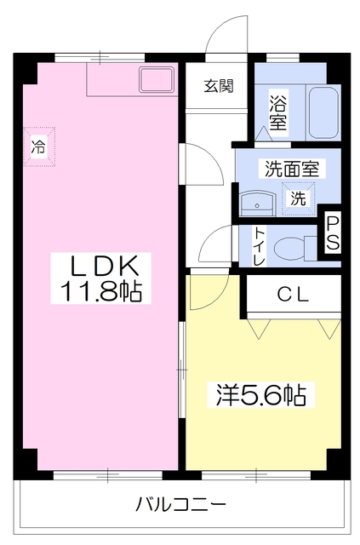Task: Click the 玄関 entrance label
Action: tap(217, 85)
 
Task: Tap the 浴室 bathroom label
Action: tap(277, 112)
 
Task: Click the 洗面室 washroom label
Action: tap(292, 168)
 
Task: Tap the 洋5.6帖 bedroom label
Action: tap(260, 394)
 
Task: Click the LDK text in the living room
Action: tap(98, 265)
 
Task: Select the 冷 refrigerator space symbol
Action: tap(38, 145)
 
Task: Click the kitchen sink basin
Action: tap(157, 82)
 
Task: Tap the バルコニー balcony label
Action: tap(180, 504)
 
